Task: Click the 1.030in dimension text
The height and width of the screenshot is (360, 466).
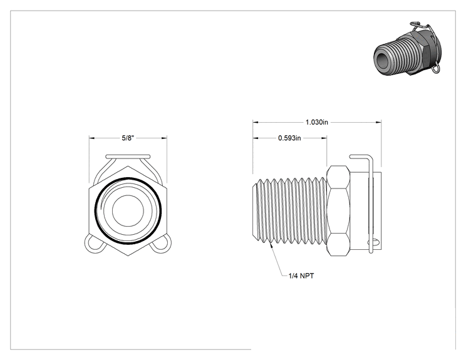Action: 317,122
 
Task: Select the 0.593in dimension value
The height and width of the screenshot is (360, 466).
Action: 289,138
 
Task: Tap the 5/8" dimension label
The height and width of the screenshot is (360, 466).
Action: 128,138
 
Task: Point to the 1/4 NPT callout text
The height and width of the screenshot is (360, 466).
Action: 301,276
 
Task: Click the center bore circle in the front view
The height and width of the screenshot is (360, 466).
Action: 128,210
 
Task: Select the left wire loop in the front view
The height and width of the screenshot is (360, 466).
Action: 95,244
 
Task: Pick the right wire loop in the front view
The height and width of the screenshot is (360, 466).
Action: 161,244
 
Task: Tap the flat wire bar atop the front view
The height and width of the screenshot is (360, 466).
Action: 128,157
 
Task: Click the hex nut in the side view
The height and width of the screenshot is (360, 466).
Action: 338,211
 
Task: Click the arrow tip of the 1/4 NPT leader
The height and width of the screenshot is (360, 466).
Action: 270,244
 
